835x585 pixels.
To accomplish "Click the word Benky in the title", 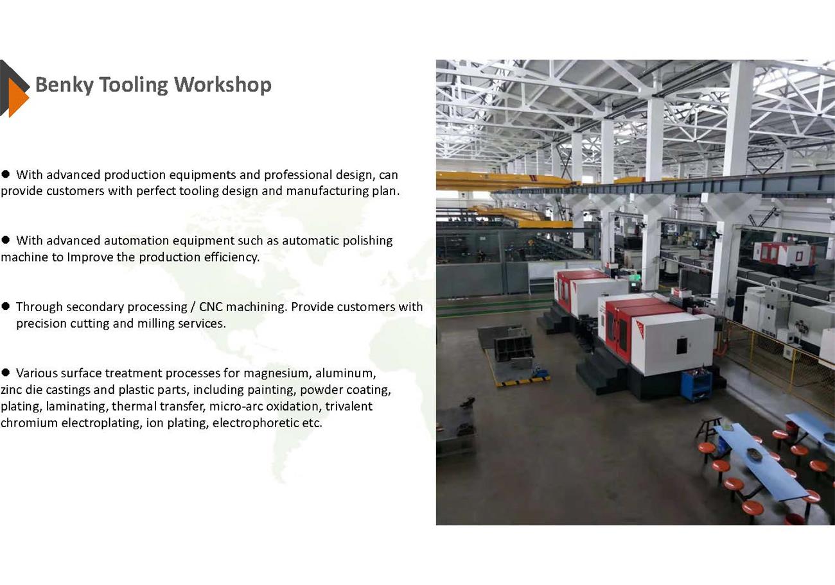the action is [64, 85].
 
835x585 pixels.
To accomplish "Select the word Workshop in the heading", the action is [223, 84].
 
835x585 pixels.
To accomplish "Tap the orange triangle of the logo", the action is [17, 97].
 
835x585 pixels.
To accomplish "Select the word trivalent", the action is [349, 406].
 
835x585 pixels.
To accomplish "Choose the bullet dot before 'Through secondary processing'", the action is [6, 306].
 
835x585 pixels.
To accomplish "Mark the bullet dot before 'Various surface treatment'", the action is [6, 372].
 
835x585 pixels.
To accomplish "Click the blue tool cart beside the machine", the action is [697, 386].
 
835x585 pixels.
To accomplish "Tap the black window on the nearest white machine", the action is [681, 346].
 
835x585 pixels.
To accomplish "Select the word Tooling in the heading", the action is [134, 85].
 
